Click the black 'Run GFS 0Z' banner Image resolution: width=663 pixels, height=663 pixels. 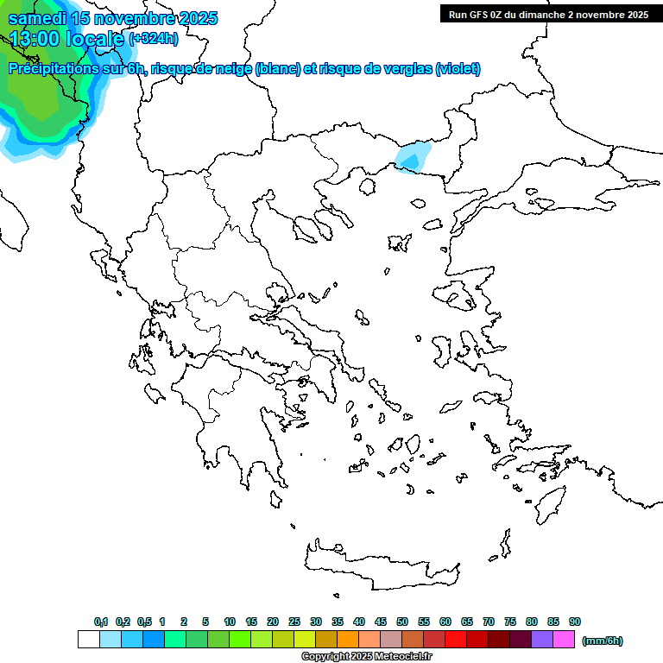(x=548, y=14)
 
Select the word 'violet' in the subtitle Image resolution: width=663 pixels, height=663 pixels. (x=458, y=69)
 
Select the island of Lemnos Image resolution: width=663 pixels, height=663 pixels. (x=399, y=243)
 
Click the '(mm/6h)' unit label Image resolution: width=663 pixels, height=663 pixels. (x=602, y=641)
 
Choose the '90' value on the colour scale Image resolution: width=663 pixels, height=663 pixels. (x=574, y=622)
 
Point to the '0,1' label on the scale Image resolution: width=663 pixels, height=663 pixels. (x=101, y=622)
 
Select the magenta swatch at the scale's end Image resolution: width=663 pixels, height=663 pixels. (x=564, y=640)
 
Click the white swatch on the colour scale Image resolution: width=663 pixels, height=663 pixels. (x=88, y=640)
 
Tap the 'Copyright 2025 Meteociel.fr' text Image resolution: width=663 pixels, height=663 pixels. (x=366, y=657)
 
